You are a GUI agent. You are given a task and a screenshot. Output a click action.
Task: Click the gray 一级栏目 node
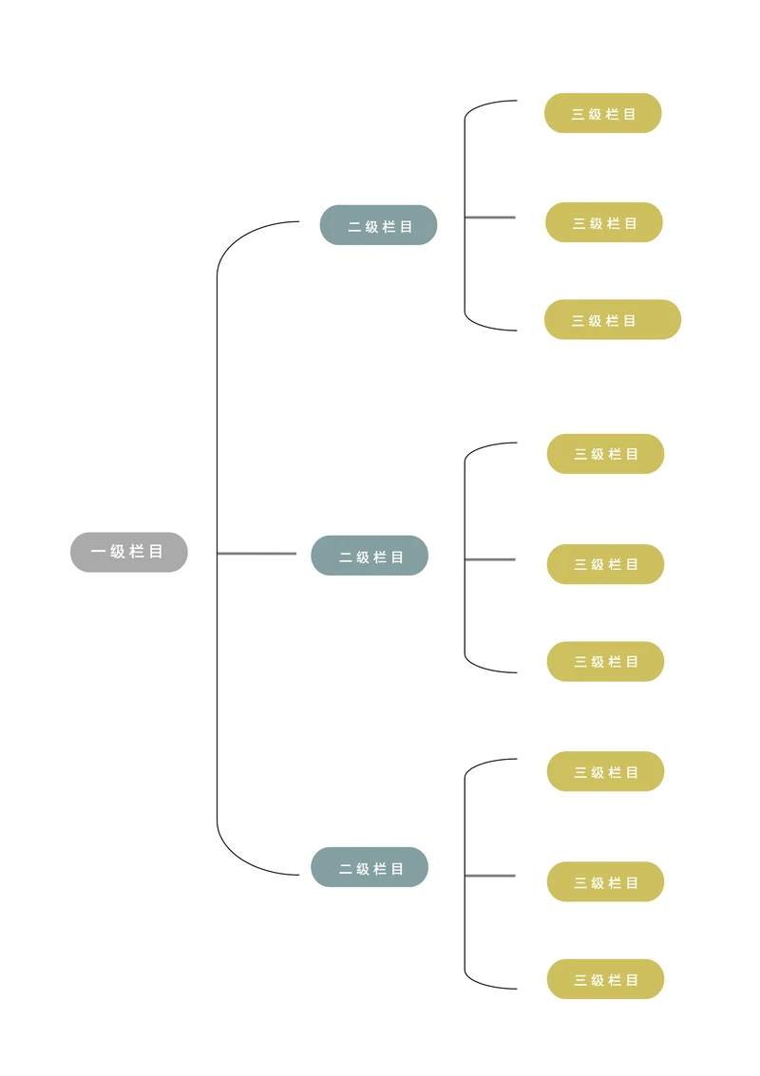(129, 552)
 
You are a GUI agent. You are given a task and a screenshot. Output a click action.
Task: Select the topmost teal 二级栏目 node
(378, 226)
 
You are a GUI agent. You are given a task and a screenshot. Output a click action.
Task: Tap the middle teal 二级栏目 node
(370, 557)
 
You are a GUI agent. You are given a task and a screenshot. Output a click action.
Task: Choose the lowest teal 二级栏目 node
(370, 868)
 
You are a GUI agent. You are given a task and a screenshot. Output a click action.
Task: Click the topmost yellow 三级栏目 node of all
(602, 114)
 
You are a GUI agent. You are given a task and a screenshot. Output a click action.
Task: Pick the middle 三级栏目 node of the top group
(603, 223)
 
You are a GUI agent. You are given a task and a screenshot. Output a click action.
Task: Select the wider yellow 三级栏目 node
(612, 320)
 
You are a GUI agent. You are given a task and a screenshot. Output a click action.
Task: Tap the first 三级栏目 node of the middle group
(605, 454)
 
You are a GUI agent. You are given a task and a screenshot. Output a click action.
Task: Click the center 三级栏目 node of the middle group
(605, 564)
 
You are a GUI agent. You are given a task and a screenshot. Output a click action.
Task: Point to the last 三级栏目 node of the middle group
(605, 662)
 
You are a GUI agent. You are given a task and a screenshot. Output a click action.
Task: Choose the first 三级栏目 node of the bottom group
(605, 772)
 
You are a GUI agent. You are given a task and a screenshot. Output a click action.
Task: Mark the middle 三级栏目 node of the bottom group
(605, 882)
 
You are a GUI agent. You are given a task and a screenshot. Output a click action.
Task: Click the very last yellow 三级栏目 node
(605, 979)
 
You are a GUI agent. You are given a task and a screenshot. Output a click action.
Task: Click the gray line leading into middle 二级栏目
(256, 553)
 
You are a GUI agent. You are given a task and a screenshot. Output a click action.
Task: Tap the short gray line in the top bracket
(490, 217)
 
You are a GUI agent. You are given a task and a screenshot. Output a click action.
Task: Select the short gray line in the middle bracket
(490, 559)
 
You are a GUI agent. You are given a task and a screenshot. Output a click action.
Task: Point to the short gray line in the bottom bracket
(490, 876)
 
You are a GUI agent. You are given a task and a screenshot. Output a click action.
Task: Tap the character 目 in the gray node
(157, 552)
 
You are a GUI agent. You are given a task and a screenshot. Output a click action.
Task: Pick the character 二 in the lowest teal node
(346, 869)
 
